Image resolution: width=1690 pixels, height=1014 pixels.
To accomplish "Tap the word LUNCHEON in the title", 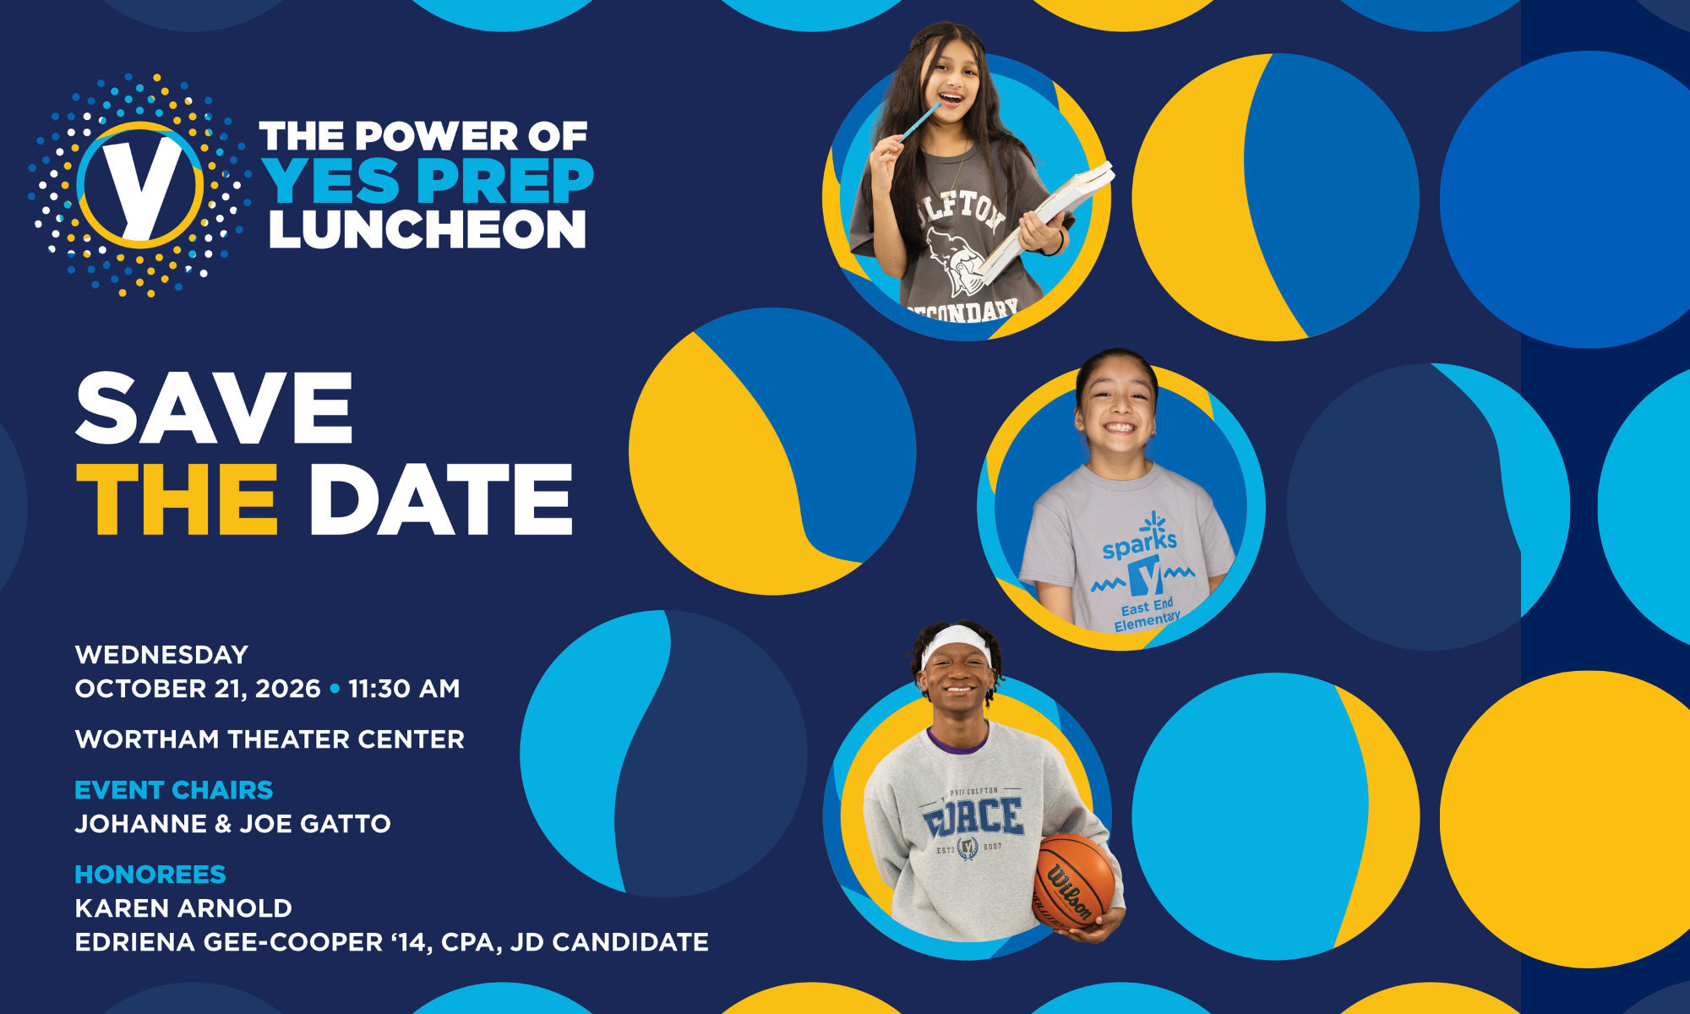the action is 428,230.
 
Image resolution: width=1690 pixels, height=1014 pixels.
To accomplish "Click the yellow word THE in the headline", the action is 177,499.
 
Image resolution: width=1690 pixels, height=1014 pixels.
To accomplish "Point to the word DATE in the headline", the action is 441,499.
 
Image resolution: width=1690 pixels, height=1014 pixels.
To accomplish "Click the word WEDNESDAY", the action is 161,655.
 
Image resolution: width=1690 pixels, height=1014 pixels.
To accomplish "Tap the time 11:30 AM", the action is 404,689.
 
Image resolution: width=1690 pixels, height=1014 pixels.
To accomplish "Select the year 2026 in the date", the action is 287,689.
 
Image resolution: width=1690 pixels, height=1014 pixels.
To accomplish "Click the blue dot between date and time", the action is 335,689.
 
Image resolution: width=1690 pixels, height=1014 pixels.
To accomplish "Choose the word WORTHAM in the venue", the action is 147,739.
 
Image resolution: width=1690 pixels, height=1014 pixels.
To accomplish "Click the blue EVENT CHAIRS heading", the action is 174,790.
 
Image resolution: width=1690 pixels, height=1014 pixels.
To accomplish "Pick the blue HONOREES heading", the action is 150,875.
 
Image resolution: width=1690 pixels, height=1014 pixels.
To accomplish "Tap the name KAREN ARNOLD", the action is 183,908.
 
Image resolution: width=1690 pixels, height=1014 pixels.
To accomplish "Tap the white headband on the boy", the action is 957,643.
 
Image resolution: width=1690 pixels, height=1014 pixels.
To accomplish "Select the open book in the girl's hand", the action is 1048,220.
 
